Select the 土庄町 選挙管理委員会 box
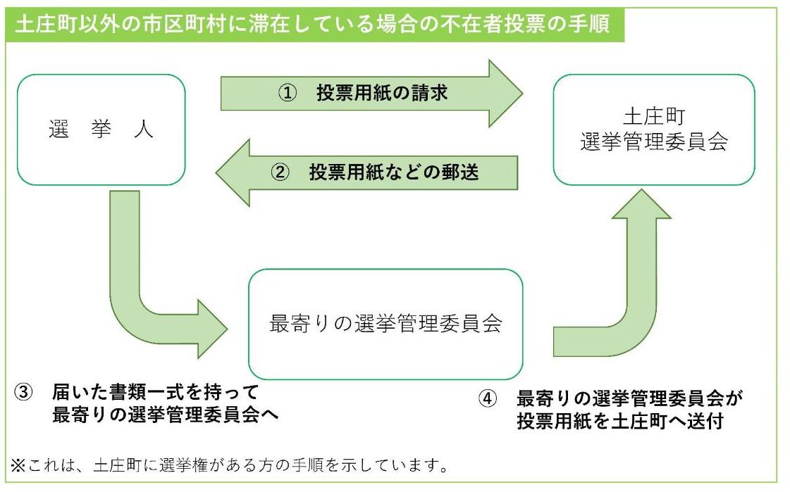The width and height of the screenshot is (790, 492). tap(653, 130)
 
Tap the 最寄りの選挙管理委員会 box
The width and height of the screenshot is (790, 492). tap(385, 324)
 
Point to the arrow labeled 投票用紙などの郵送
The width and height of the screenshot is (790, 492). tap(366, 173)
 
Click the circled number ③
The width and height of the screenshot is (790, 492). tap(24, 392)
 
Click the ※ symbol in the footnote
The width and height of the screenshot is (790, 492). tap(16, 465)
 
